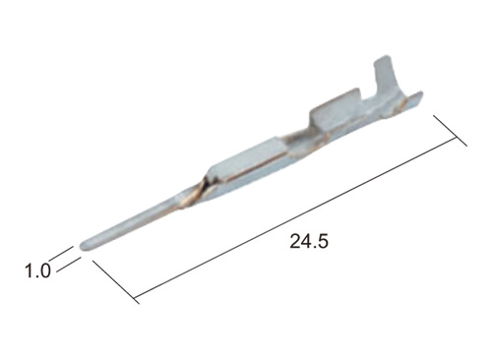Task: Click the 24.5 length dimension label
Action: [309, 242]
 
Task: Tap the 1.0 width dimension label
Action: [37, 270]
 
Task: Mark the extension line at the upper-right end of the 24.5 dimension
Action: [450, 131]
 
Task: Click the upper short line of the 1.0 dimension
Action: [62, 252]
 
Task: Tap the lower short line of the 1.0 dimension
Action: [68, 265]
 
